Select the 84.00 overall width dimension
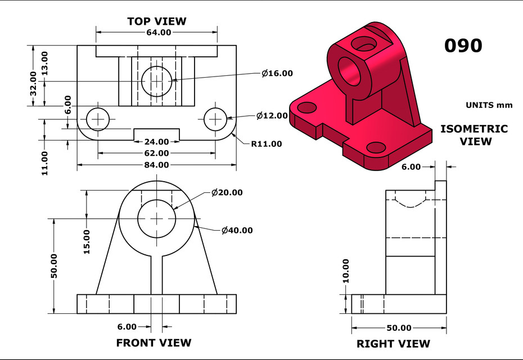tap(156, 165)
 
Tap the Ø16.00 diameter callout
tap(277, 73)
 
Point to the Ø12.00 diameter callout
tap(272, 116)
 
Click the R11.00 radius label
tap(266, 144)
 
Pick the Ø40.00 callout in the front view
tap(237, 230)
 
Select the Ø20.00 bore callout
tap(227, 192)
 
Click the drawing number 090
tap(463, 46)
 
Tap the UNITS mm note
tap(486, 105)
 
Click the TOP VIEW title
tap(156, 21)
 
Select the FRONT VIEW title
tap(154, 343)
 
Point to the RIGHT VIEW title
tap(393, 343)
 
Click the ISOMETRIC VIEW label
tap(474, 135)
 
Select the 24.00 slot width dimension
tap(156, 142)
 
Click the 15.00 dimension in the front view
tap(87, 241)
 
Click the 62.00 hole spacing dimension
tap(156, 153)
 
